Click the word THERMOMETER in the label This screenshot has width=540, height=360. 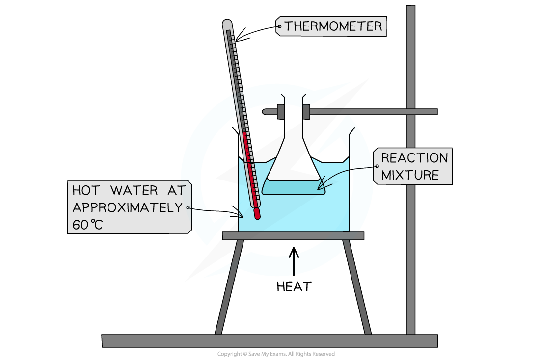[333, 26]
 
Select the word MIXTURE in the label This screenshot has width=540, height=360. [410, 175]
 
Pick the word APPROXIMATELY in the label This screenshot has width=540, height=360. [128, 207]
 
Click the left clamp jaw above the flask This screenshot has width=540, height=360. [281, 111]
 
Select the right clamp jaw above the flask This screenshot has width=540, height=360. [306, 111]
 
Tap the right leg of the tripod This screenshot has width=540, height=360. [357, 287]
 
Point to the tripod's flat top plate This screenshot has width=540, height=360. [293, 236]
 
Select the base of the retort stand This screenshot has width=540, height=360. [270, 341]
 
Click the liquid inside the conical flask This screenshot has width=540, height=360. [293, 188]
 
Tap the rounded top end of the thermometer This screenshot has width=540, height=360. [227, 23]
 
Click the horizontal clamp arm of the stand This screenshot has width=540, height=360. [373, 112]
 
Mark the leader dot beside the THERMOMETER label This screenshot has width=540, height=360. [279, 26]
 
